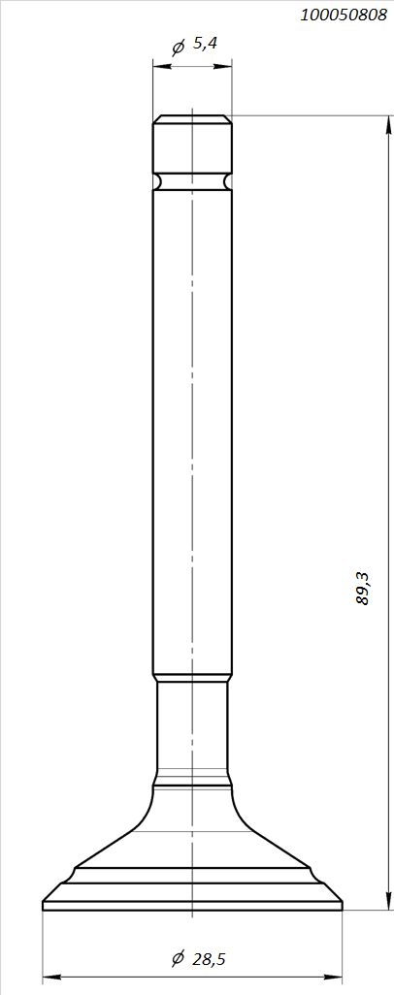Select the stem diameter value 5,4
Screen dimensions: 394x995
pos(205,44)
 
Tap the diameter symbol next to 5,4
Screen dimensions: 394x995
pos(179,46)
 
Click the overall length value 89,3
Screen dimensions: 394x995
pos(363,588)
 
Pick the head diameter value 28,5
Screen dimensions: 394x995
pos(209,959)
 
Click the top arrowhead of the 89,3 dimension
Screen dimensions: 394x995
pos(387,124)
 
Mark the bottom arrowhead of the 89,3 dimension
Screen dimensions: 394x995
pos(387,901)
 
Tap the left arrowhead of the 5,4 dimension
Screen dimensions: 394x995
pos(162,65)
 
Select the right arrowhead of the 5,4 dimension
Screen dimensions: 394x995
pos(222,65)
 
